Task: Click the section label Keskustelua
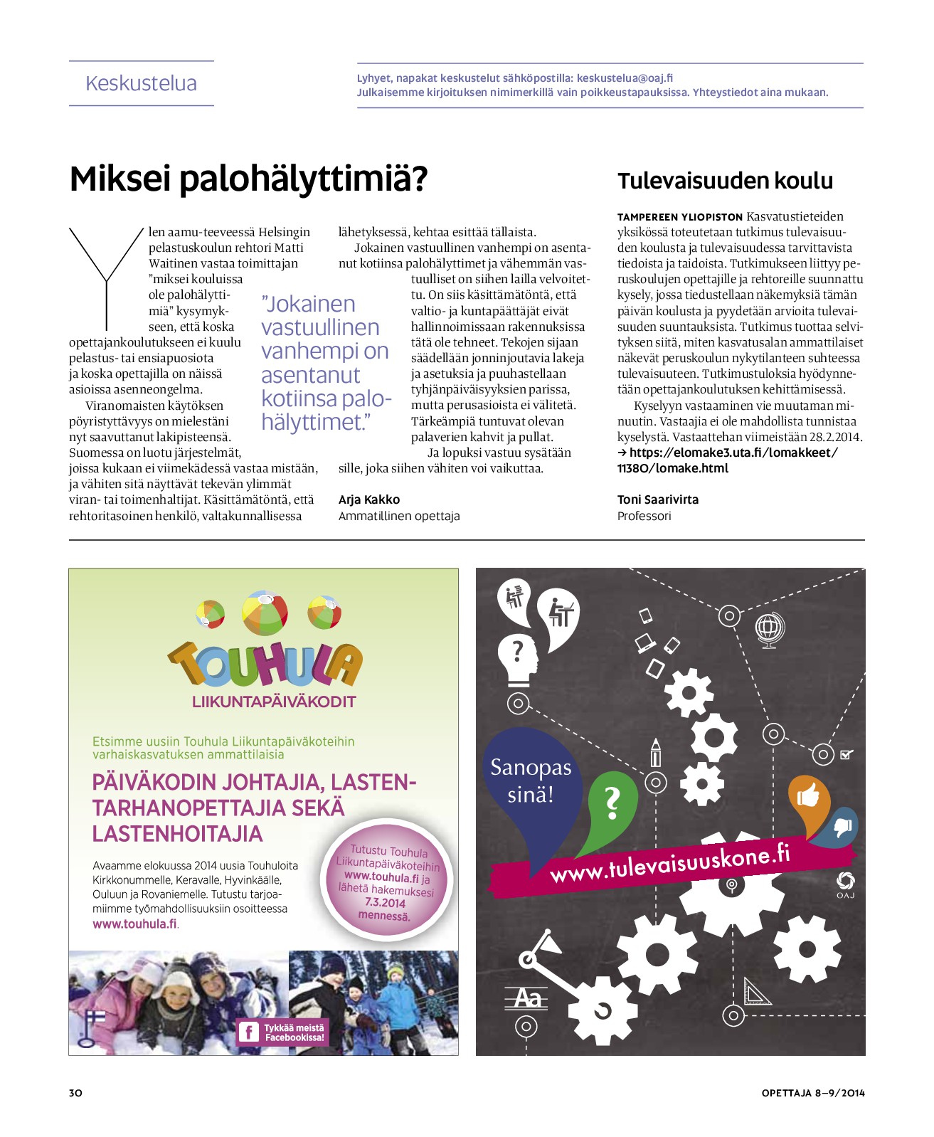(x=141, y=83)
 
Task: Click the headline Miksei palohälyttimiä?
(x=248, y=179)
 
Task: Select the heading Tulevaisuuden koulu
(x=725, y=181)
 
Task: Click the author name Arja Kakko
(x=369, y=499)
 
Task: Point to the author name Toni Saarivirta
(x=658, y=499)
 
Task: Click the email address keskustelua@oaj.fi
(x=625, y=78)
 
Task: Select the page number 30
(x=75, y=1093)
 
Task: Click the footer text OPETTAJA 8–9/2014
(x=813, y=1093)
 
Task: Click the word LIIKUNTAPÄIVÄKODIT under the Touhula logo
(x=274, y=702)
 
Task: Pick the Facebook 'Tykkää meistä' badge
(x=282, y=1032)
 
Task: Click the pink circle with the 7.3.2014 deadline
(x=388, y=882)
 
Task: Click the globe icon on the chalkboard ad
(x=769, y=629)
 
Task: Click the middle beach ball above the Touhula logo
(x=265, y=612)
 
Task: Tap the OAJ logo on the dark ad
(x=845, y=884)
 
